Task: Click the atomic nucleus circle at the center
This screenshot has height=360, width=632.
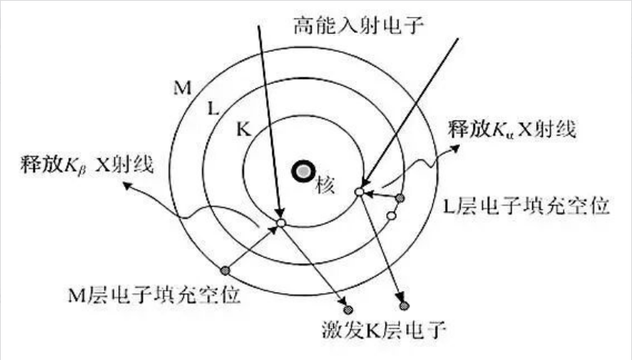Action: [x=303, y=171]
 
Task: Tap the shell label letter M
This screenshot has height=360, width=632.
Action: [x=182, y=88]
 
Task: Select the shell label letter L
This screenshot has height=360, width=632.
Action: [x=213, y=108]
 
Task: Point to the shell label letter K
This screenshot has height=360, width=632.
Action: [x=243, y=130]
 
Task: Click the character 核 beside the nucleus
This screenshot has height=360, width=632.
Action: [x=326, y=186]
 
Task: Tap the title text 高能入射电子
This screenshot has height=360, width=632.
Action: [x=359, y=25]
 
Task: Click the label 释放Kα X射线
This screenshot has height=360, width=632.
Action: [x=512, y=129]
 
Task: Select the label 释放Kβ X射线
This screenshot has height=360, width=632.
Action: [x=87, y=165]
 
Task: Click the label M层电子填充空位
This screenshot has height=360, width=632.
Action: [x=154, y=295]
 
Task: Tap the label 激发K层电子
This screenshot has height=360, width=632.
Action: [x=384, y=330]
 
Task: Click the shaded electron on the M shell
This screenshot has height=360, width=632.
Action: [x=225, y=270]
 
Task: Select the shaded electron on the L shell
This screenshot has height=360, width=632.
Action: [x=399, y=198]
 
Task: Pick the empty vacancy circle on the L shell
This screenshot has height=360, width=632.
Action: [x=392, y=216]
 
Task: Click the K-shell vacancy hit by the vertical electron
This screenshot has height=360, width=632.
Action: [x=281, y=223]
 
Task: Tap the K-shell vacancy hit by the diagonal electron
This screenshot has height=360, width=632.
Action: [x=359, y=192]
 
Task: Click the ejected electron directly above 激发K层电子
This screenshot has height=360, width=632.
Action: [x=348, y=309]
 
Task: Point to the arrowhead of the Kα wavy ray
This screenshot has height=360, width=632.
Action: [x=455, y=148]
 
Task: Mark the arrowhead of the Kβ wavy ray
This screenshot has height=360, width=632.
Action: [x=127, y=185]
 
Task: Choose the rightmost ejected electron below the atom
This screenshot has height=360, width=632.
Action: [x=404, y=306]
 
